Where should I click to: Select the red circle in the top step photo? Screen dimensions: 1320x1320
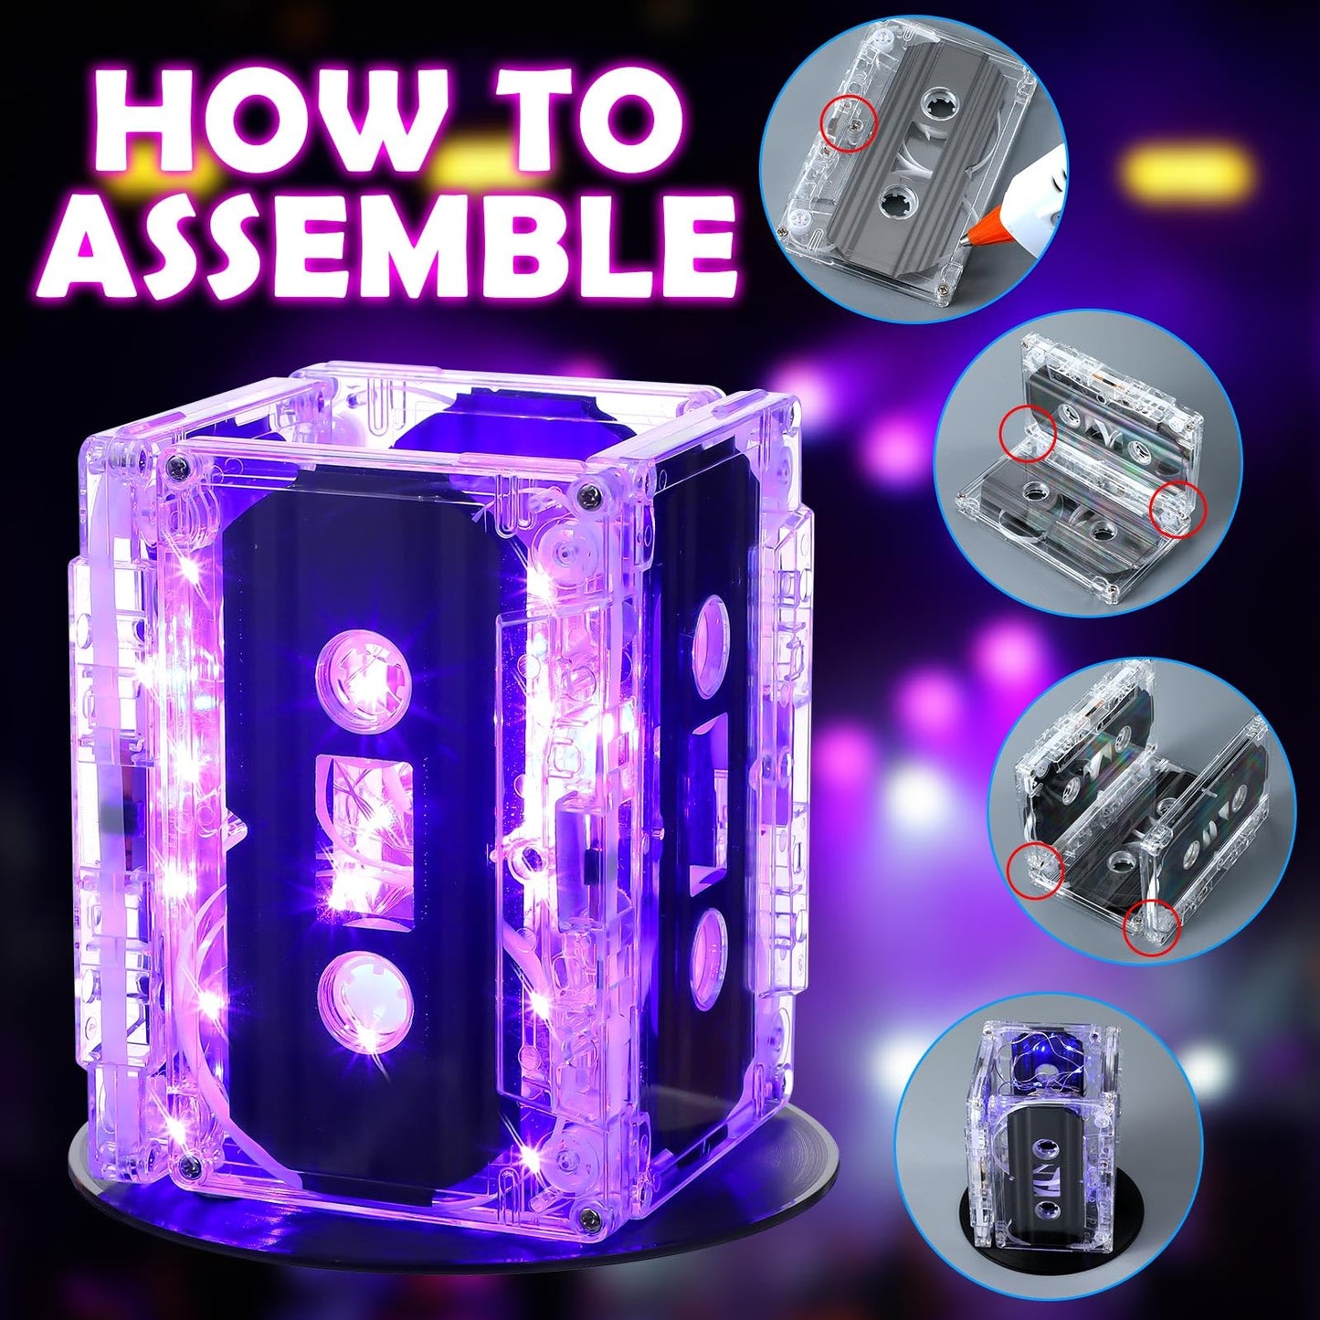[850, 121]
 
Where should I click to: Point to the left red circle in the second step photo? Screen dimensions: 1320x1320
[1027, 433]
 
